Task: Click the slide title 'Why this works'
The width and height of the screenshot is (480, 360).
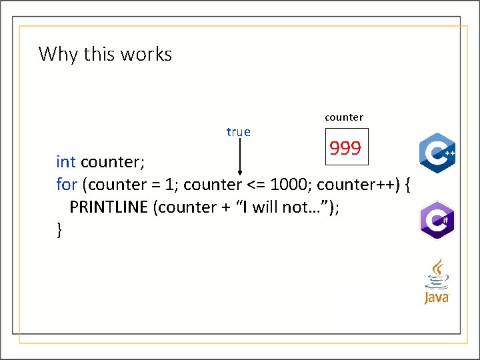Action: [x=105, y=53]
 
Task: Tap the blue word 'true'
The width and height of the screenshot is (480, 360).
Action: [x=238, y=132]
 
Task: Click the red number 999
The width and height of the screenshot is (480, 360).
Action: [x=345, y=149]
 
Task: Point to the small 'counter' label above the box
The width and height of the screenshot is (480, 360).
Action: [x=344, y=117]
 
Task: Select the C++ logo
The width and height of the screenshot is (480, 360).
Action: [x=437, y=153]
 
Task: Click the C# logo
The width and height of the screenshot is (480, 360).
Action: [x=437, y=219]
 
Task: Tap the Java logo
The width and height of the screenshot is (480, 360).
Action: [x=437, y=282]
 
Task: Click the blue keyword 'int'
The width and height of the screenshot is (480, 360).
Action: [x=66, y=161]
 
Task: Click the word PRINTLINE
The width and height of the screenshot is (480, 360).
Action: [x=109, y=207]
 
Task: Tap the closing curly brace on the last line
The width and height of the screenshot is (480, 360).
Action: [x=60, y=230]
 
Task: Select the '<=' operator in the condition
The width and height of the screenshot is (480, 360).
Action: [x=251, y=184]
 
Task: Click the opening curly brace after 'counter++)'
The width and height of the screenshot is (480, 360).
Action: [x=407, y=184]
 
